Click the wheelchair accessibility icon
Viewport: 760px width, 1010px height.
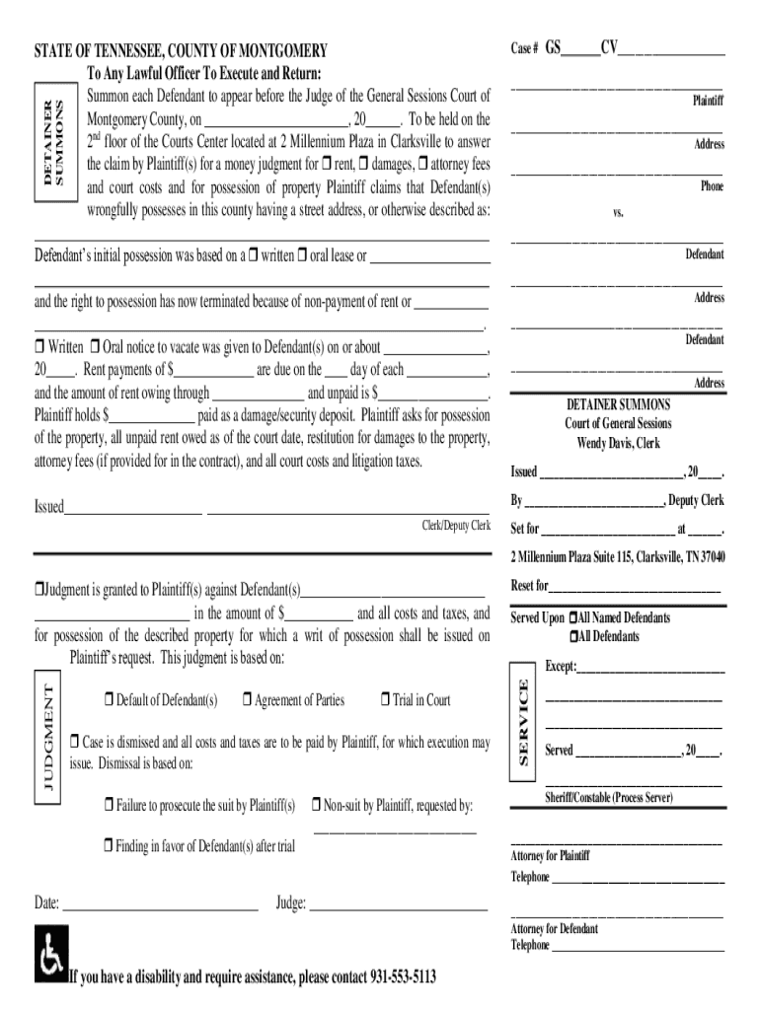[50, 954]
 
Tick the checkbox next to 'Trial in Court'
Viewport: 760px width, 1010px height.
[385, 700]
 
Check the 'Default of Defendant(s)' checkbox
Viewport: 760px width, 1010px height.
[109, 700]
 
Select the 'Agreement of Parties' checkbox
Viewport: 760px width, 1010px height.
[247, 700]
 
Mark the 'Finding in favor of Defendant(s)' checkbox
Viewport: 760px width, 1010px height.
[109, 845]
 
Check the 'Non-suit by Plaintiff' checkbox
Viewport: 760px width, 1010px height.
[317, 806]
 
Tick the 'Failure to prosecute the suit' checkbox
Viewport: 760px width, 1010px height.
[109, 806]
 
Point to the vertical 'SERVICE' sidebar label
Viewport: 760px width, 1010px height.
[524, 722]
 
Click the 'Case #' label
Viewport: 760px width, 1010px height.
[524, 48]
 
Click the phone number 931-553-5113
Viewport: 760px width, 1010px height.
[403, 976]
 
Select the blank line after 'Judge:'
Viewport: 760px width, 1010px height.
[399, 902]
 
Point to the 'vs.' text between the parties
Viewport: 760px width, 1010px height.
[618, 212]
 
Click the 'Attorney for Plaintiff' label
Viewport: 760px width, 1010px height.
[550, 855]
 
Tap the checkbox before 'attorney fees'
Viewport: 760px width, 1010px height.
[423, 162]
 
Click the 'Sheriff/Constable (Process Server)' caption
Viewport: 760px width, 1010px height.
[609, 796]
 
